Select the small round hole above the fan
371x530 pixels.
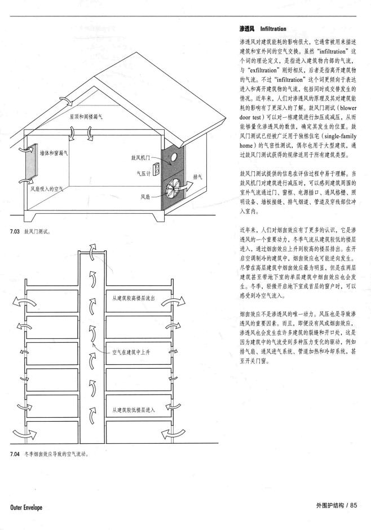click(175, 156)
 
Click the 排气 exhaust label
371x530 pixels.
click(198, 176)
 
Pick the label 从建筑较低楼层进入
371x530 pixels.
click(133, 409)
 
